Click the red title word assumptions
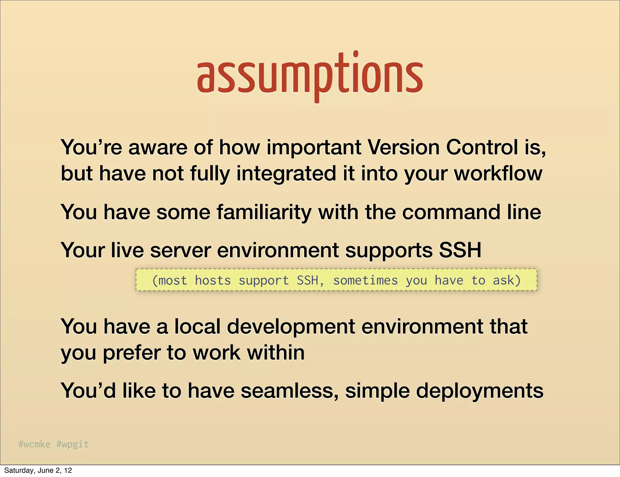click(310, 76)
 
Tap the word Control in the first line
click(482, 147)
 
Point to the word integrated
click(286, 174)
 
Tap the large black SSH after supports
click(460, 251)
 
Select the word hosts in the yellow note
click(213, 280)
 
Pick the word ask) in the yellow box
click(507, 280)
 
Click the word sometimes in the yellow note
click(365, 280)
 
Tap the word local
click(197, 327)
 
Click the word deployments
click(480, 391)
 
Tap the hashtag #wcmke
click(34, 444)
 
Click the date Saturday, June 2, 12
click(38, 470)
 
